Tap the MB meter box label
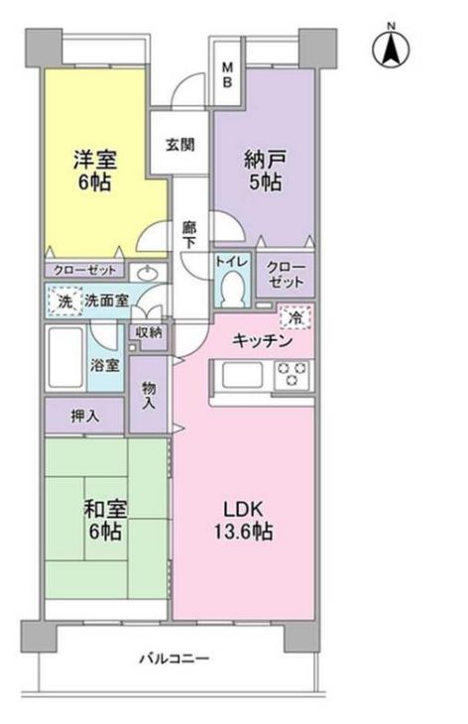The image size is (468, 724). coord(226,74)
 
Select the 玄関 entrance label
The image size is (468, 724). coord(179,143)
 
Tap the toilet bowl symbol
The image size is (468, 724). coord(235,290)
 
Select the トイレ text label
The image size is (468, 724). coord(234,262)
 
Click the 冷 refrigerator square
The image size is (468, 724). coord(293,318)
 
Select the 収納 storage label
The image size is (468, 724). coord(149,331)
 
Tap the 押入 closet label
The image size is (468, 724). coord(84,416)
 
